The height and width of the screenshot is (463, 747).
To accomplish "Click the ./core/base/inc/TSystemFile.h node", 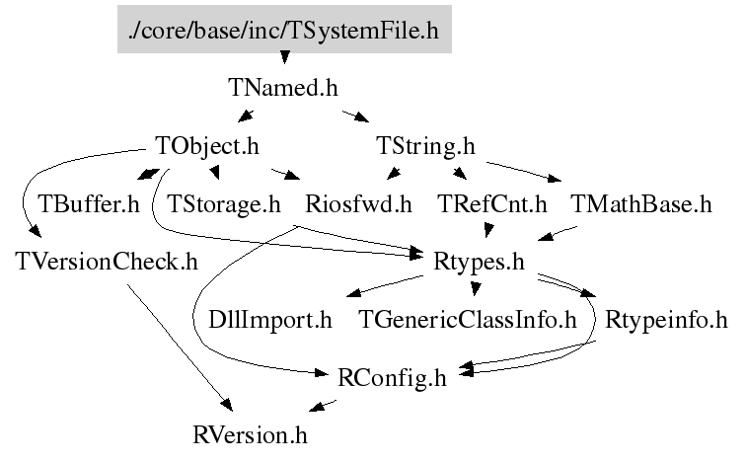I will coord(283,31).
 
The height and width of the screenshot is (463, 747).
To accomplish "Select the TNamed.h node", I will coord(283,88).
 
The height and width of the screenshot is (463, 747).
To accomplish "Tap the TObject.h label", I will coord(207,146).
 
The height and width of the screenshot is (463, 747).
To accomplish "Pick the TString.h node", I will coord(426,146).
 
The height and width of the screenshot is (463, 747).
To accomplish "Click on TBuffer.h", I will coord(89,204).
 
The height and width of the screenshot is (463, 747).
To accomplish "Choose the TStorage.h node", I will coord(224,204).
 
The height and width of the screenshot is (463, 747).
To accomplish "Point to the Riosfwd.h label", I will coord(358,204).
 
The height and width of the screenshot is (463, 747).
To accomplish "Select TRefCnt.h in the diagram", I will coord(491,204).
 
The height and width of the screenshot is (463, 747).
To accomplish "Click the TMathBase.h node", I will coord(641,204).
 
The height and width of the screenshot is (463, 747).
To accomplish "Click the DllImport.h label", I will coord(270,320).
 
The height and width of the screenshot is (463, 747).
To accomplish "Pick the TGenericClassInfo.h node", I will coord(466,320).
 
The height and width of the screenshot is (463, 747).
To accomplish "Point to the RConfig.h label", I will coord(392,377).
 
